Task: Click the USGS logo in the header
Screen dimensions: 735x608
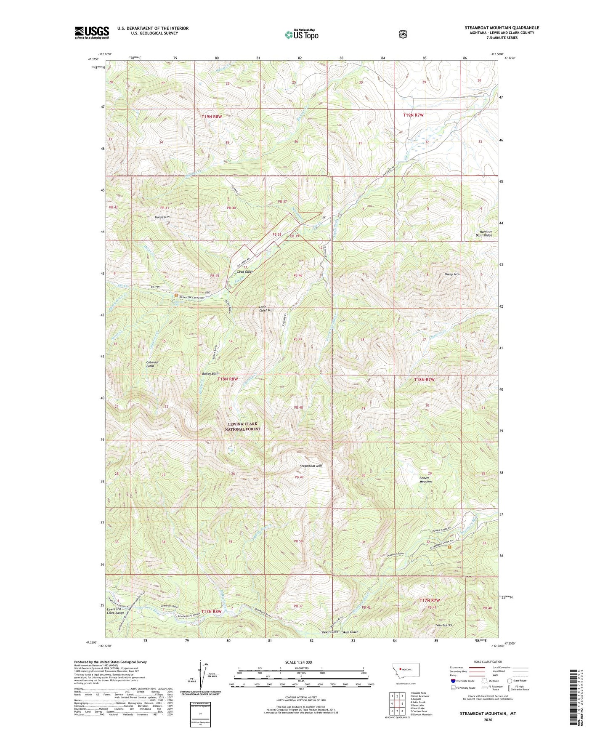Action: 92,32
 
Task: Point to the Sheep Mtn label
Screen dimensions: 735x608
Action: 452,274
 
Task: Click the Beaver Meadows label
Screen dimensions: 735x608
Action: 426,479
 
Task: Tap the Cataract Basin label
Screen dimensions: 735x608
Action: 150,364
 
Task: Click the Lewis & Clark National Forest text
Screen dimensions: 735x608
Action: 242,426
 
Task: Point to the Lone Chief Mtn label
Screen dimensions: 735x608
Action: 266,308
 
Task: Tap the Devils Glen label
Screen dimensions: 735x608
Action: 329,632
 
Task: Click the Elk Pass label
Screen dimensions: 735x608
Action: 156,287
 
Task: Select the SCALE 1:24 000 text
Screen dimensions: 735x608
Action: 298,663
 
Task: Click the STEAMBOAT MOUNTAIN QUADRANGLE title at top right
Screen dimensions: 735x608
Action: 502,28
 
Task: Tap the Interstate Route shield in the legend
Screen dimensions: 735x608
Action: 453,681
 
